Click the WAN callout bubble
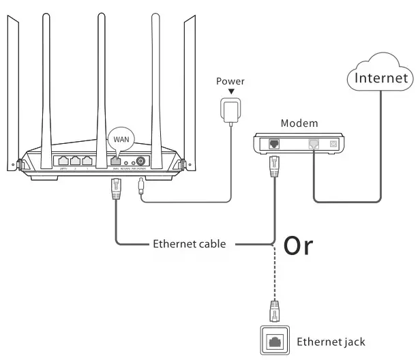pos(120,139)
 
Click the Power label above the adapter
pos(230,81)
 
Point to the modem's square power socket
pos(333,145)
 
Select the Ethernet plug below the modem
pos(274,166)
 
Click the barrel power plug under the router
pos(141,187)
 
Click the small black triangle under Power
pos(230,91)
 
